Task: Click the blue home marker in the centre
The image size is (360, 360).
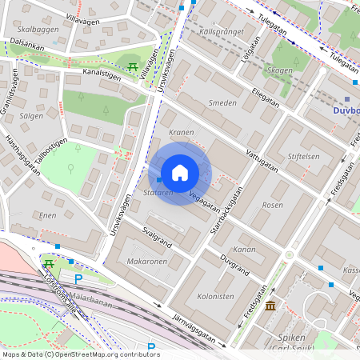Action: coord(180,173)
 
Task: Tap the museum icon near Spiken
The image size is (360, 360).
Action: coord(271,306)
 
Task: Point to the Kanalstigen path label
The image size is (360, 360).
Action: coord(101,78)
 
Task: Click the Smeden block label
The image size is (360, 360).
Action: coord(222,103)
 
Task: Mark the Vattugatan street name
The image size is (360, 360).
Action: coord(262,157)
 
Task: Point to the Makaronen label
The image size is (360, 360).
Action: coord(147,261)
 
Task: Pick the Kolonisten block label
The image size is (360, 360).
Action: coord(215,296)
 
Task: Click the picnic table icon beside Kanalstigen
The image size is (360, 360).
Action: coord(132,66)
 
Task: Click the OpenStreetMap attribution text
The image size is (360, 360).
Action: coord(81,354)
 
